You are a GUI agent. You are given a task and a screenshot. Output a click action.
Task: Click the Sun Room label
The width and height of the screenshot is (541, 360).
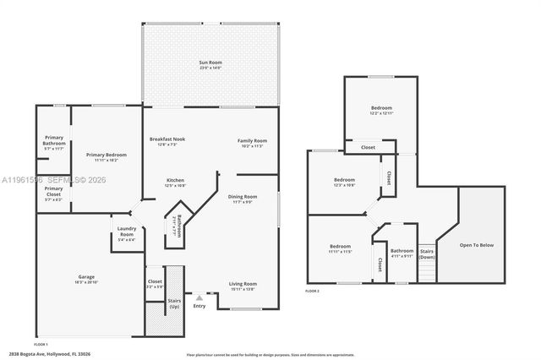coord(210,63)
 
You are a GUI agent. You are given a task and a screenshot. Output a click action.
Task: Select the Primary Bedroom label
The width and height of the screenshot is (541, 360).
coord(107,155)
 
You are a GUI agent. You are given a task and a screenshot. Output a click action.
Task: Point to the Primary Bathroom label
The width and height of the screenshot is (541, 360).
coord(52,145)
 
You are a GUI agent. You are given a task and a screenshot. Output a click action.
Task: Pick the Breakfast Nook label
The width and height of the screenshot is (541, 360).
coord(167,139)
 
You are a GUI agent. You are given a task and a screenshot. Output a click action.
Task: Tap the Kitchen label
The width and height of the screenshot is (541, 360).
coord(175,180)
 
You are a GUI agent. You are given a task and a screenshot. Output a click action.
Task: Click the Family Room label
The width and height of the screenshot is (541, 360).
coord(252,141)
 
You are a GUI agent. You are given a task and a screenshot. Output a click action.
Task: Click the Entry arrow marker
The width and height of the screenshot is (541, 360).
coord(199,297)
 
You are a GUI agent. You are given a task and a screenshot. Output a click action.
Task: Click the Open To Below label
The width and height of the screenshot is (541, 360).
coord(478,245)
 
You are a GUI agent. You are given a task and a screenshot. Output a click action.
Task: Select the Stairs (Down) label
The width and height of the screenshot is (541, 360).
coord(427,254)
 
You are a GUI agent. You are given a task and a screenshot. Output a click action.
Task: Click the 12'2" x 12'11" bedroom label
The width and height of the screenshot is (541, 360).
coord(381,108)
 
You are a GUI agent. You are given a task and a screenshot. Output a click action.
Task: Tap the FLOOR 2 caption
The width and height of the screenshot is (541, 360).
coord(313,291)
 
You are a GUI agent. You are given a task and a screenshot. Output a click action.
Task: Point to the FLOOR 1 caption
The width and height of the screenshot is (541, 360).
coord(41,345)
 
